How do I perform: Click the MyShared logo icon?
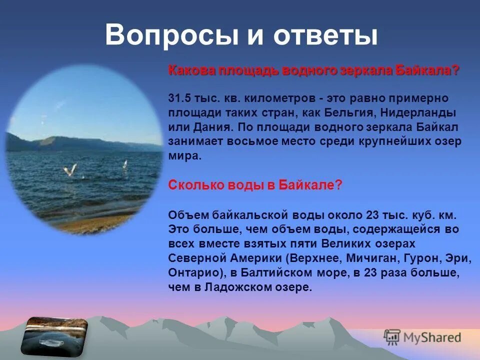pos(392,337)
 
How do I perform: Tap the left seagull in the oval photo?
pos(70,170)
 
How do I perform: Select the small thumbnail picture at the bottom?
pos(54,334)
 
